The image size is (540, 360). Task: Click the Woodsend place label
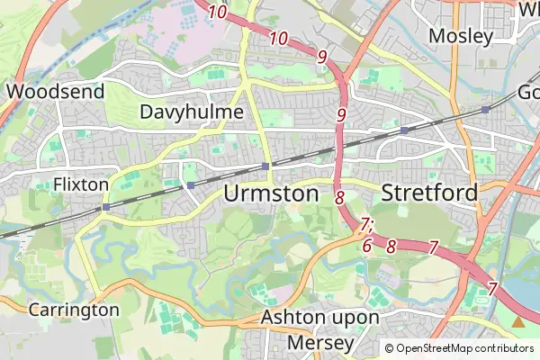55,91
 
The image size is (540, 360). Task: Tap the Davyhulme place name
193,112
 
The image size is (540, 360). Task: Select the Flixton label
81,184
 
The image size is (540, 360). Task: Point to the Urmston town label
271,193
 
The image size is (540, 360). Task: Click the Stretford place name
428,193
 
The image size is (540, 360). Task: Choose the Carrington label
74,310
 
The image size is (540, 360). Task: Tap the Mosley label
461,37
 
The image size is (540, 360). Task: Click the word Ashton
290,319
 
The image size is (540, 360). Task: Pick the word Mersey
321,343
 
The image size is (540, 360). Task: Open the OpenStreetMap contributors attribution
459,348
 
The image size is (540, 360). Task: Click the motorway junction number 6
367,245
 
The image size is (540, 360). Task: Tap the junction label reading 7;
365,224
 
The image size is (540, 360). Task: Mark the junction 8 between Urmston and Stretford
339,197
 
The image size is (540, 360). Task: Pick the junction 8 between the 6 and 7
391,245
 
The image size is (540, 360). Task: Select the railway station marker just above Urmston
265,166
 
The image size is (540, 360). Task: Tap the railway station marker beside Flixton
106,207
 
